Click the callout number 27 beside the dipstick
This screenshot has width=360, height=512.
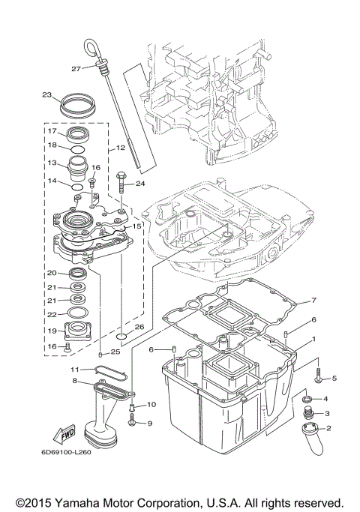pos(75,69)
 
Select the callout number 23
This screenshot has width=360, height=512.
pos(46,95)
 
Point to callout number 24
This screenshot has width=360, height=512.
pos(140,183)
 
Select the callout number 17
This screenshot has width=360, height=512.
pos(53,130)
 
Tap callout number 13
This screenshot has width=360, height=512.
pos(53,163)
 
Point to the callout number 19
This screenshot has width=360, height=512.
pos(52,330)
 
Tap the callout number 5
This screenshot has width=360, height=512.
pos(334,378)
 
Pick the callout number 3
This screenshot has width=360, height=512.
pos(326,413)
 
